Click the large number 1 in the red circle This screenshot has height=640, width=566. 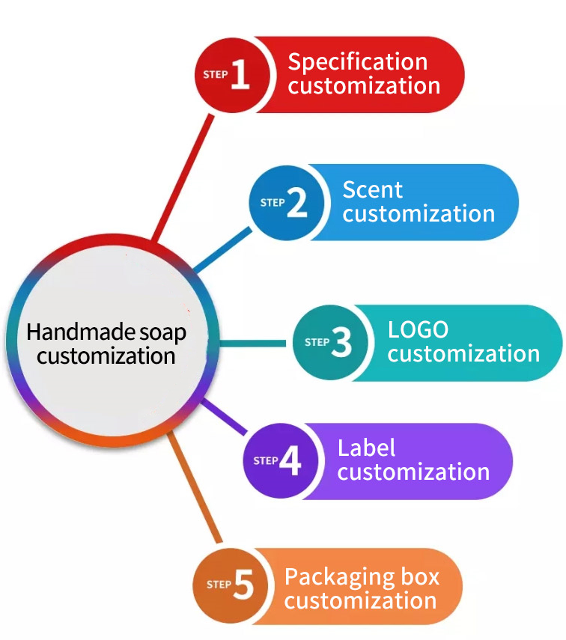[x=240, y=75]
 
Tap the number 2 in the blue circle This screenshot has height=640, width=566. [x=296, y=202]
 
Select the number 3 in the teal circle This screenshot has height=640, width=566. [x=341, y=342]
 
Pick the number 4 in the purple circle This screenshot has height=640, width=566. [x=290, y=461]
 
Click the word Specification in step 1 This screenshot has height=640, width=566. [x=358, y=61]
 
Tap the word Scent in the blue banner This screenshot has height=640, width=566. [x=373, y=189]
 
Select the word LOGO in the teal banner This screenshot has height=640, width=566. [x=418, y=329]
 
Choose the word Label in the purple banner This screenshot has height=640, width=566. [x=367, y=448]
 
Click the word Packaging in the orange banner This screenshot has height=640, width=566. [x=341, y=577]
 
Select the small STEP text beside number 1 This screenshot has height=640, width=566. [x=216, y=75]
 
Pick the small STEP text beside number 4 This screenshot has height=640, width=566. [x=266, y=460]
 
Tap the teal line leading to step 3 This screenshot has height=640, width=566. [x=255, y=344]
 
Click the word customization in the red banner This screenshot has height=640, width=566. [x=365, y=85]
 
